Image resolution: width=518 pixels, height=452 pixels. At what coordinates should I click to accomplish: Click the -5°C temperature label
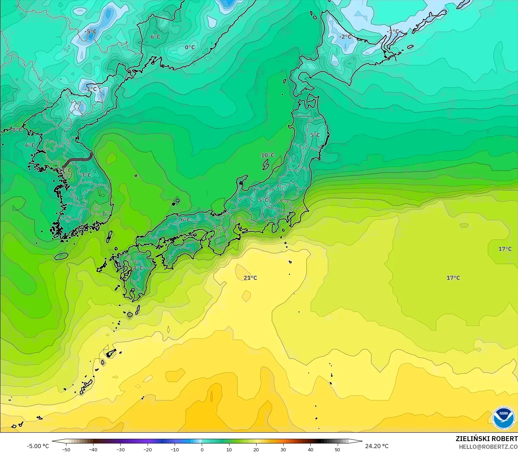(x=90, y=32)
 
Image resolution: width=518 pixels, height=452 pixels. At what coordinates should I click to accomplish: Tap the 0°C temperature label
(x=190, y=47)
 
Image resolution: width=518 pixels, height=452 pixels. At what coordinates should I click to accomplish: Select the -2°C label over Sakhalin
(x=345, y=37)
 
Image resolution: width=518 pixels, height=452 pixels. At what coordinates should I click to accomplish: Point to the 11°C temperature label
(x=65, y=170)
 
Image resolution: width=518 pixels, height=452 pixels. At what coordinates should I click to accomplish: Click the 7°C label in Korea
(x=86, y=175)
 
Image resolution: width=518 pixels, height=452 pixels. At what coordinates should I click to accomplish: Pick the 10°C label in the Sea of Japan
(x=267, y=155)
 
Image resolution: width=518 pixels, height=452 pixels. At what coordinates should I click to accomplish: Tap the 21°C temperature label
(x=250, y=278)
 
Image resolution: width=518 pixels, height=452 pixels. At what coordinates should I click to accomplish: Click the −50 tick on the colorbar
(x=66, y=449)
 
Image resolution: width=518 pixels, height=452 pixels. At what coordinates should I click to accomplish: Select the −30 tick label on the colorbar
(x=121, y=449)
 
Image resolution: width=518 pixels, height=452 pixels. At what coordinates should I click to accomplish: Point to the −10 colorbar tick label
(x=175, y=449)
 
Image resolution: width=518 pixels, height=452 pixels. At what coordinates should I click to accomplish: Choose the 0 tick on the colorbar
(x=202, y=449)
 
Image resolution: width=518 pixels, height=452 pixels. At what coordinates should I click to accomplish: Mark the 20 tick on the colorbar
(x=256, y=449)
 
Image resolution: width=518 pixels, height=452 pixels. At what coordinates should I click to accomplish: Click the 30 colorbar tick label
(x=283, y=449)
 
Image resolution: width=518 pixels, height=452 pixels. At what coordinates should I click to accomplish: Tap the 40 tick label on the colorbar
(x=310, y=449)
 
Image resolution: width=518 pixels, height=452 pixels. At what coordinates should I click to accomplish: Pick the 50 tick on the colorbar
(x=337, y=449)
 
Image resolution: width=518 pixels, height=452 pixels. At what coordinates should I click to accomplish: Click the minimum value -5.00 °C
(x=38, y=446)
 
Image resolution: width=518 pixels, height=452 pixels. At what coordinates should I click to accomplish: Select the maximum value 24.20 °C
(x=377, y=446)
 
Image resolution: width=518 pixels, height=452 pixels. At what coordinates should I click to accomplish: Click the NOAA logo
(x=503, y=418)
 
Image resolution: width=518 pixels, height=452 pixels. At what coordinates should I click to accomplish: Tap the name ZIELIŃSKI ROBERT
(x=486, y=439)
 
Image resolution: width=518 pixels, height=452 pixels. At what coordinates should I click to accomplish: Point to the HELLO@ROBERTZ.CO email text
(x=488, y=446)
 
